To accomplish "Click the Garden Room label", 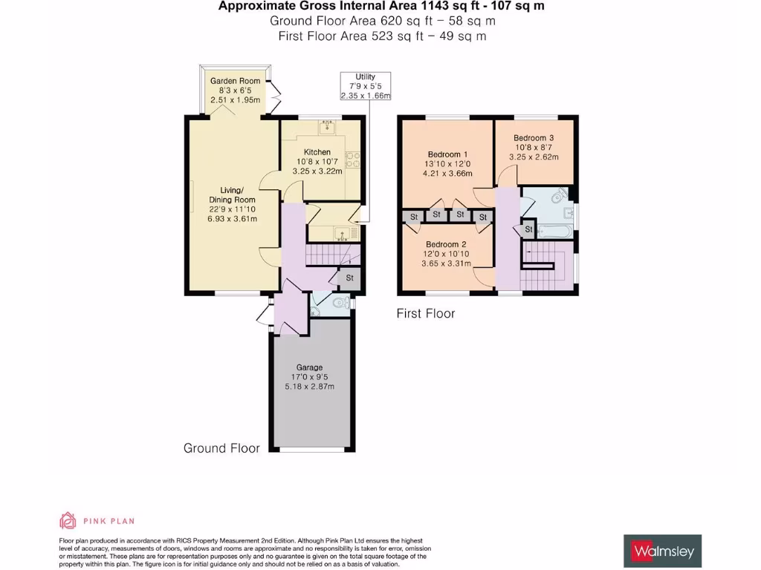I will pos(235,81).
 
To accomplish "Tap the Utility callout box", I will pos(365,86).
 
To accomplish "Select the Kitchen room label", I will pos(317,152).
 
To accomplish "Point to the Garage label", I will pos(309,367).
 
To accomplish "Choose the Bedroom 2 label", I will pos(446,244).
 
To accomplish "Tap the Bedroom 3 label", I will pos(534,138).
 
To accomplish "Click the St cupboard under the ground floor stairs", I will pos(349,278).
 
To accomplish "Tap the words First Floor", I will pos(425,314).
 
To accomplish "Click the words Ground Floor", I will pos(221,448).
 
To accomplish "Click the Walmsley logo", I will pos(662,551).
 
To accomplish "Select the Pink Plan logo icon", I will pos(68,520).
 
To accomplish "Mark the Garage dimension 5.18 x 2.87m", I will pos(309,387).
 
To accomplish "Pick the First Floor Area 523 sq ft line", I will pos(382,36).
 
